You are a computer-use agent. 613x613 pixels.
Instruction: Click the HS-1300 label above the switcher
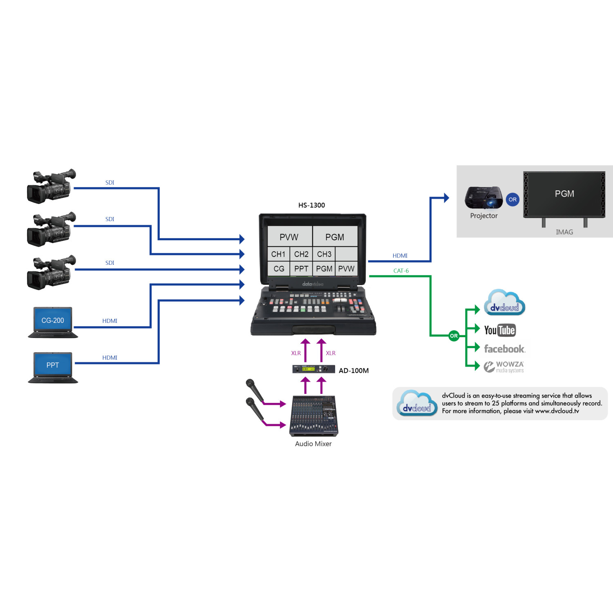pyautogui.click(x=311, y=205)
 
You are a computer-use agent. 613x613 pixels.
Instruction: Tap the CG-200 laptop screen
pyautogui.click(x=53, y=320)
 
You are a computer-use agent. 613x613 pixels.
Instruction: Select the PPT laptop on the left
pyautogui.click(x=53, y=367)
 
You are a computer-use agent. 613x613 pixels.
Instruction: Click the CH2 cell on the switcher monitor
pyautogui.click(x=301, y=254)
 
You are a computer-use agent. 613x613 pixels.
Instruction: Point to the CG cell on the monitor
pyautogui.click(x=279, y=269)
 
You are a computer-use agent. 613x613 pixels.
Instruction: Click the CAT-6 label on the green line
pyautogui.click(x=401, y=271)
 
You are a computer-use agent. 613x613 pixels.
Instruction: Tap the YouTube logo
pyautogui.click(x=500, y=330)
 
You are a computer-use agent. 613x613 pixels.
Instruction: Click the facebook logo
pyautogui.click(x=505, y=349)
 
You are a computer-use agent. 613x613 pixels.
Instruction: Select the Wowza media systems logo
pyautogui.click(x=504, y=367)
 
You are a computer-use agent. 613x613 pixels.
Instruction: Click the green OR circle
pyautogui.click(x=454, y=336)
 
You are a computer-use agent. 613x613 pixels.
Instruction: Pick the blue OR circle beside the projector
pyautogui.click(x=512, y=199)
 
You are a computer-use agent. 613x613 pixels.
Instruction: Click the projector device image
pyautogui.click(x=484, y=197)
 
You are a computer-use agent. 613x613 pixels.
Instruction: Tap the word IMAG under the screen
pyautogui.click(x=564, y=232)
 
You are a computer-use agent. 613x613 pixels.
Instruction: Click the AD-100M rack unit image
pyautogui.click(x=313, y=369)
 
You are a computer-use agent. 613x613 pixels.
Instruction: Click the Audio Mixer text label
pyautogui.click(x=313, y=444)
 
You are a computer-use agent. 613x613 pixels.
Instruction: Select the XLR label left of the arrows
pyautogui.click(x=296, y=353)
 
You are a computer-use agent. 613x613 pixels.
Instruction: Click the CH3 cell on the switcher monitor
pyautogui.click(x=324, y=254)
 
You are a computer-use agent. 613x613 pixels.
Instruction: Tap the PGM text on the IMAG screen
pyautogui.click(x=564, y=194)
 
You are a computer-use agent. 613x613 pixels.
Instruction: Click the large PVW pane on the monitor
pyautogui.click(x=289, y=237)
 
